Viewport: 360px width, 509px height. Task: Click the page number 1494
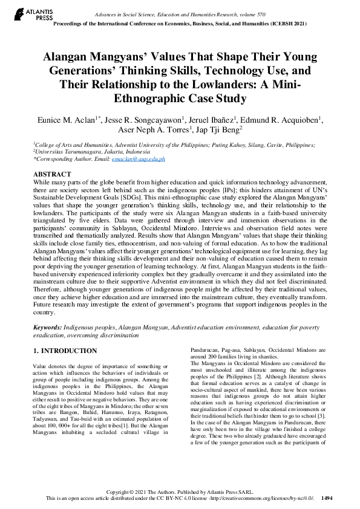[327, 498]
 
